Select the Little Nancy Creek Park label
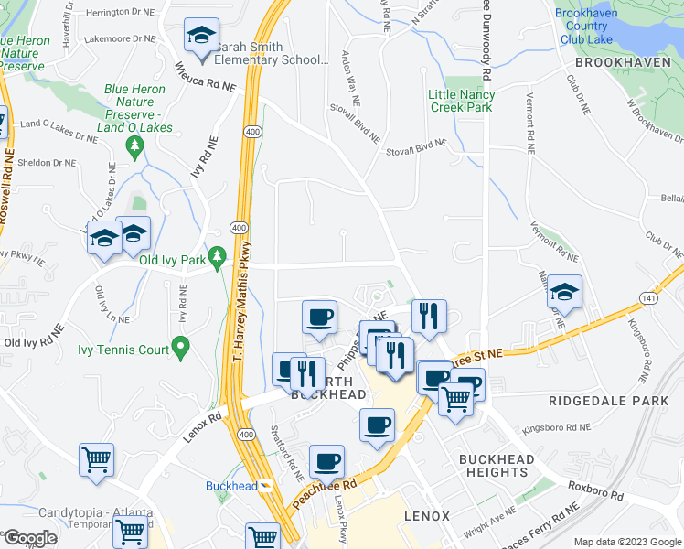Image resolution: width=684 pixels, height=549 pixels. [462, 101]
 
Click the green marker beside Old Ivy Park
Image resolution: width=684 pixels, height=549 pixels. [217, 259]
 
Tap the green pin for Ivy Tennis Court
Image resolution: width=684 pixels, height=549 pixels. [181, 347]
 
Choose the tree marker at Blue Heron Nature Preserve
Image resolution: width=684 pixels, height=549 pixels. [135, 146]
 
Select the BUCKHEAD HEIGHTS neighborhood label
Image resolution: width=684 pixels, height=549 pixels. [494, 465]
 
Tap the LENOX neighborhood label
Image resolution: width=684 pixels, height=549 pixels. [427, 516]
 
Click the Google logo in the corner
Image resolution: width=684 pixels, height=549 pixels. [29, 538]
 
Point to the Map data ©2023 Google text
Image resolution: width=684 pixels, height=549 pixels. [626, 542]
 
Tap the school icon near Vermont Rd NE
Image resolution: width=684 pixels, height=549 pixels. [564, 293]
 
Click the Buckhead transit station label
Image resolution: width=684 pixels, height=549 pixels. [231, 486]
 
